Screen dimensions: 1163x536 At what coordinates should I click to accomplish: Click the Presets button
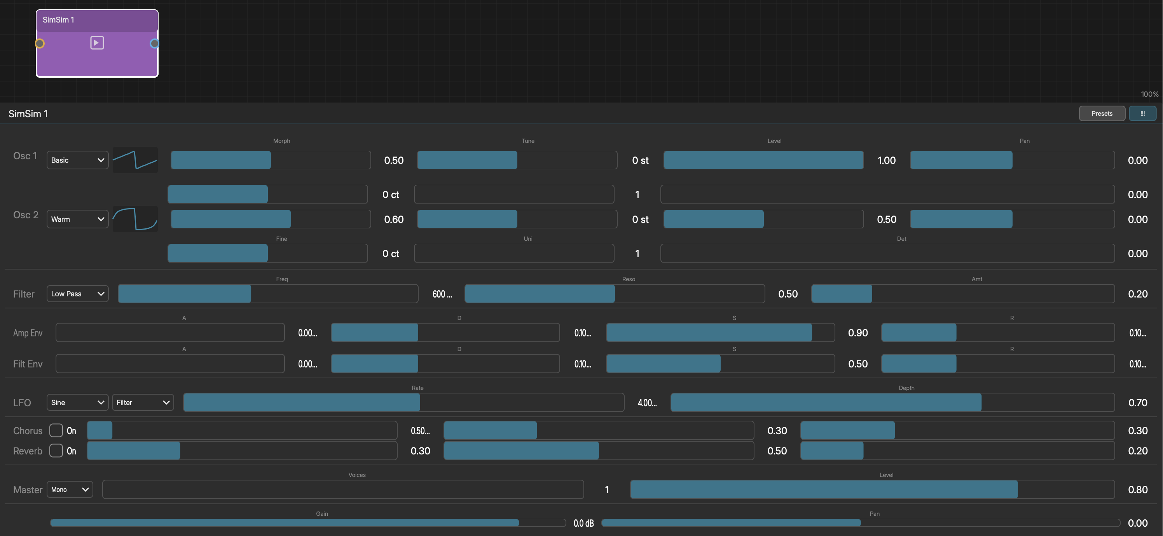[1102, 114]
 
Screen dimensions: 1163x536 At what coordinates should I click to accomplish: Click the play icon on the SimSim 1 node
[97, 43]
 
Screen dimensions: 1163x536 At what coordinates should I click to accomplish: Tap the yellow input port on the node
[40, 44]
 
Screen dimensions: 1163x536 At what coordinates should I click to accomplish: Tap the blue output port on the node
[154, 44]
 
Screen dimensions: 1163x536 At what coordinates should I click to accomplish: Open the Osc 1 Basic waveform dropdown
[78, 160]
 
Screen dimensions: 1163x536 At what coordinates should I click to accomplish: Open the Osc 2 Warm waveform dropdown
[78, 219]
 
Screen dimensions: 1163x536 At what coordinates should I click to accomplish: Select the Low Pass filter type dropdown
[78, 294]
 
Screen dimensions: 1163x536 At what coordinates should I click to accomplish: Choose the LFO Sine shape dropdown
[78, 402]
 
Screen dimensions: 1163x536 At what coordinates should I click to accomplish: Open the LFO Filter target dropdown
[143, 402]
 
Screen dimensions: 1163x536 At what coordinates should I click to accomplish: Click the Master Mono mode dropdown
[70, 489]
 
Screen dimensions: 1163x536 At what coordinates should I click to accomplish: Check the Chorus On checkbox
[56, 430]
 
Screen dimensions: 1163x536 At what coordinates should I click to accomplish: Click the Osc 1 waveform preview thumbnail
[135, 160]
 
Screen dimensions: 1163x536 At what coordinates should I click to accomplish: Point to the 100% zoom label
[1149, 94]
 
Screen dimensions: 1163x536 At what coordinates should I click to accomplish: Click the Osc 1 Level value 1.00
[886, 161]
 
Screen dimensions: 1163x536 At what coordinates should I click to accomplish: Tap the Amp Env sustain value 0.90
[858, 333]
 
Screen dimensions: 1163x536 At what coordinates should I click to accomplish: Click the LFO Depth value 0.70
[1138, 403]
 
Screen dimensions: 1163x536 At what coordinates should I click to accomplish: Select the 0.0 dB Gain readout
[583, 523]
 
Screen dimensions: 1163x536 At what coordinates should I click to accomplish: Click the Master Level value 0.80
[1138, 490]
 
